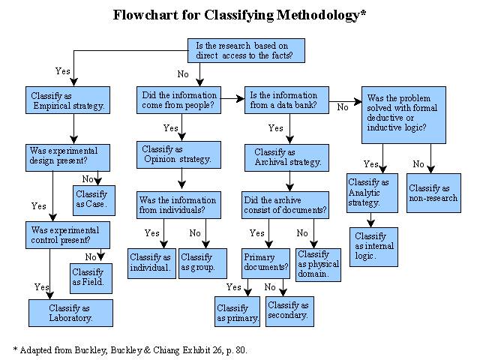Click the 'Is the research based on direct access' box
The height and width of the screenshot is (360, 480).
(246, 50)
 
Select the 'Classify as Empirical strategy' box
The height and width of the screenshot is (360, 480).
(67, 100)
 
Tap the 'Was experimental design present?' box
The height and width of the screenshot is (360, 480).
(67, 157)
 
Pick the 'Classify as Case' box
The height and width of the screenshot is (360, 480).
(94, 200)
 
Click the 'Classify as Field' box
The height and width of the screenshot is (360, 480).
(91, 278)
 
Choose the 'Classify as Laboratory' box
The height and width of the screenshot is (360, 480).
(70, 313)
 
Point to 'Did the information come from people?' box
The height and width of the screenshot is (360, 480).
(178, 100)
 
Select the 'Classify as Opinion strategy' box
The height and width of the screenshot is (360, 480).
(178, 155)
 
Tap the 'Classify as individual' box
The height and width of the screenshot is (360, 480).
(151, 263)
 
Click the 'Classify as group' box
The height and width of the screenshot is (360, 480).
(202, 263)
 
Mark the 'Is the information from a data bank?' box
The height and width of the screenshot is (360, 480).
(286, 100)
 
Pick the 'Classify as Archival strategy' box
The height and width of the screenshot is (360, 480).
(286, 157)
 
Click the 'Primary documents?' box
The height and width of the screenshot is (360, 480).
(265, 263)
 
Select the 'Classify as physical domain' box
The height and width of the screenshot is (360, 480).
(318, 265)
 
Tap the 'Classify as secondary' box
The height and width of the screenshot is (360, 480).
(289, 311)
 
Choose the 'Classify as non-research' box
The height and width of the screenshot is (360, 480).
(433, 193)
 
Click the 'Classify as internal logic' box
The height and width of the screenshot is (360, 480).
(373, 247)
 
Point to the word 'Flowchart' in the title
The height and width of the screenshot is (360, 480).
(145, 15)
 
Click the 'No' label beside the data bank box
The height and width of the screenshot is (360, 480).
(343, 107)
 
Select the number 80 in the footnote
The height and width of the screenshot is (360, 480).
(240, 350)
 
